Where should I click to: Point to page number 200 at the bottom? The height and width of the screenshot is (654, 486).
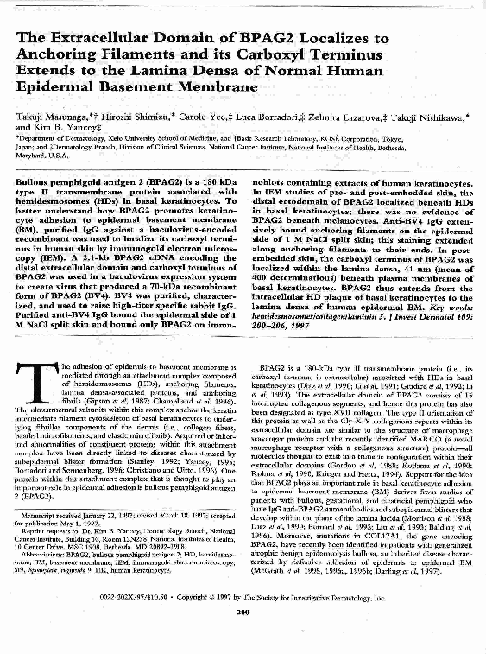(243, 638)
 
